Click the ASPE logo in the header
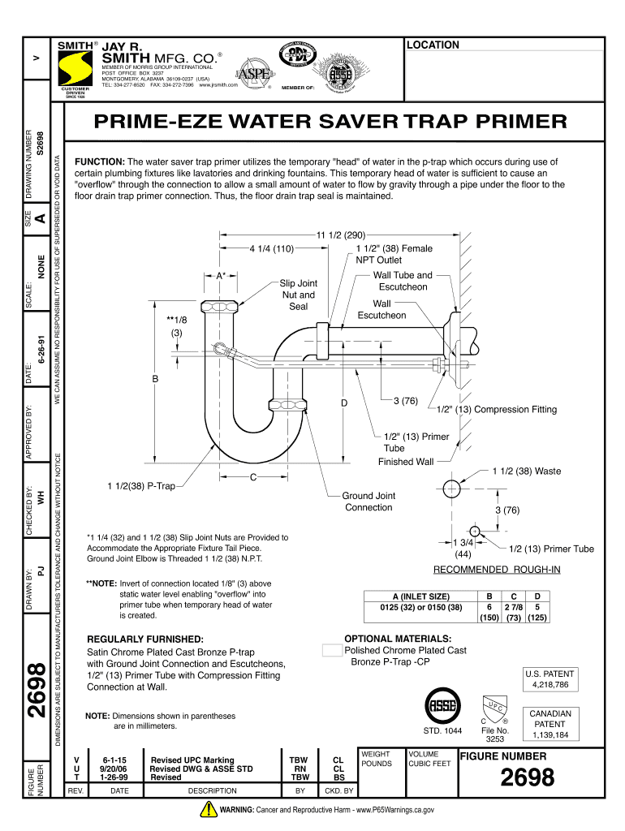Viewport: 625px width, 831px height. (x=246, y=75)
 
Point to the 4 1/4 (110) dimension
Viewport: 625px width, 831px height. (x=270, y=248)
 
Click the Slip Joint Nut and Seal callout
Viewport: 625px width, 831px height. (x=298, y=295)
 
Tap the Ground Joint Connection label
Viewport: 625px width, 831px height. (x=369, y=502)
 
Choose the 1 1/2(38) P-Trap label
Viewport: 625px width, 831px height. (x=141, y=486)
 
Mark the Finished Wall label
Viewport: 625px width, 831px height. (x=406, y=462)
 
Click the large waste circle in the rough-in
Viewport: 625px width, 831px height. (x=452, y=489)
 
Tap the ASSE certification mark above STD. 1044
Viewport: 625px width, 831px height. (x=442, y=703)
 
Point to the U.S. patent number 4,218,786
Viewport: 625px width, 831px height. (x=550, y=685)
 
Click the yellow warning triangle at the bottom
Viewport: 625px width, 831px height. (x=205, y=810)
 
